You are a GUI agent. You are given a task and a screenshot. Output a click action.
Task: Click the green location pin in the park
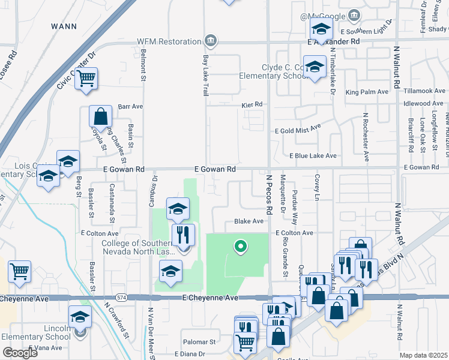pos(240,246)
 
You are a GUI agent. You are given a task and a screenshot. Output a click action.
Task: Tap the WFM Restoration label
pos(168,41)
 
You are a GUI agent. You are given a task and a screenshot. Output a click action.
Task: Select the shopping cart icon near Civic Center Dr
pos(86,78)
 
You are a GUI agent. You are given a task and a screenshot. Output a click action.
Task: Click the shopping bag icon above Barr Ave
pos(101,116)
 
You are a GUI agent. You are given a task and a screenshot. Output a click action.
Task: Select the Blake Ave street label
pos(249,221)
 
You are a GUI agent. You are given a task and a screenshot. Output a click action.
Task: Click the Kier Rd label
pos(252,104)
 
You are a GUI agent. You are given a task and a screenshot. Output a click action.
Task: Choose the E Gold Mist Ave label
pos(298,130)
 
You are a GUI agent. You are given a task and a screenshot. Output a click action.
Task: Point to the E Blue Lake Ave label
pos(313,155)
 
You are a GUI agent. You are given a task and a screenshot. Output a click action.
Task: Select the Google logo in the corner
pos(20,353)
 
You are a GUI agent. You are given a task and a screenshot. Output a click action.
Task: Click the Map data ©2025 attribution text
pos(424,355)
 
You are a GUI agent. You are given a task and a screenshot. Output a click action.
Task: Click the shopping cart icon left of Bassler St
pos(19,271)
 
